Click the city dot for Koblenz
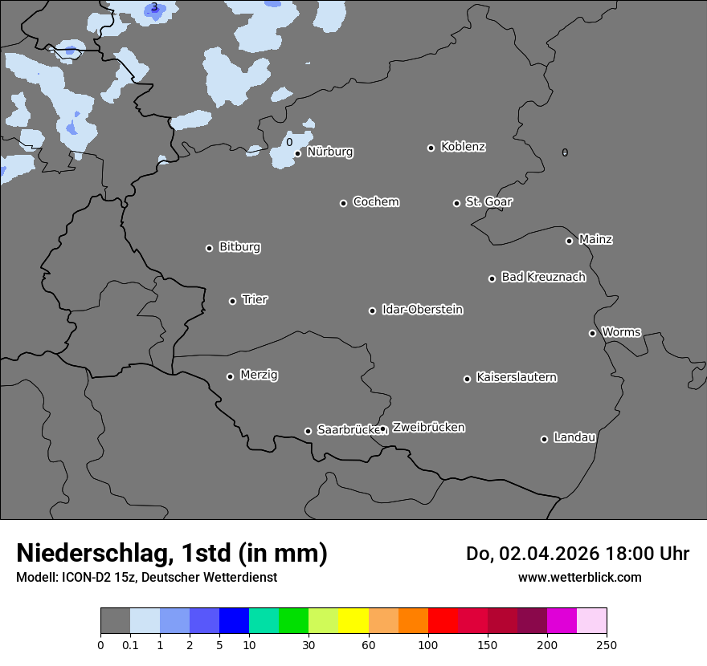tap(431, 148)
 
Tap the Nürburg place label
tap(329, 152)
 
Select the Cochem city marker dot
tap(343, 203)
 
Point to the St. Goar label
tap(488, 201)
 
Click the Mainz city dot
tap(569, 241)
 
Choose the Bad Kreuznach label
tap(543, 277)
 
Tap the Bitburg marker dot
tap(209, 248)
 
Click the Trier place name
tap(255, 299)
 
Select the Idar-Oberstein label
tap(422, 309)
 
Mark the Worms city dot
tap(592, 333)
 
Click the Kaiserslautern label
tap(516, 377)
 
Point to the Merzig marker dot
tap(230, 376)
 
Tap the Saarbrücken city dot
tap(308, 431)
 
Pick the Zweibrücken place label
tap(428, 428)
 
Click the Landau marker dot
tap(544, 439)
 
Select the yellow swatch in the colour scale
tap(353, 621)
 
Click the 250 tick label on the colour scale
tap(606, 644)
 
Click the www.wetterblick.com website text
tap(579, 577)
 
